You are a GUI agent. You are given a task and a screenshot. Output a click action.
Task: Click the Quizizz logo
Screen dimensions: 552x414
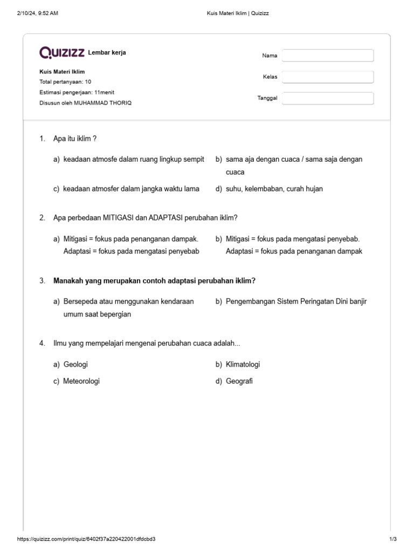(x=62, y=52)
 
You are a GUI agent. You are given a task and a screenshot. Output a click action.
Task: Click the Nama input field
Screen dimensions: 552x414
(x=327, y=56)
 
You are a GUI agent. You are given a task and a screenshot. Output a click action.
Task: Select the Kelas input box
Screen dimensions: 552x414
(x=327, y=77)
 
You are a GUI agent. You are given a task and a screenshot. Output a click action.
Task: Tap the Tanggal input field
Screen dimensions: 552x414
(x=327, y=98)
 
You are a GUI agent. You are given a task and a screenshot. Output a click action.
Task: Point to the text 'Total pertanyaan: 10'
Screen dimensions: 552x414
(x=65, y=82)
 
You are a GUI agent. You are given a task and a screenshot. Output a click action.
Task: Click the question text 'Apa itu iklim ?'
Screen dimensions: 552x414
(x=75, y=139)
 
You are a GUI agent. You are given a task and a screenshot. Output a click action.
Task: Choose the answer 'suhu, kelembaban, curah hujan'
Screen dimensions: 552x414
(x=274, y=189)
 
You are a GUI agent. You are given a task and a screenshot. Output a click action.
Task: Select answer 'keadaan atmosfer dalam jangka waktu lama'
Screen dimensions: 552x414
(x=131, y=189)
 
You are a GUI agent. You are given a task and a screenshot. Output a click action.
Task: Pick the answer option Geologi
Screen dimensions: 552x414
(x=75, y=364)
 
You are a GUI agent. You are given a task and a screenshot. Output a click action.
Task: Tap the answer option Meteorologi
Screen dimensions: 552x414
(x=81, y=381)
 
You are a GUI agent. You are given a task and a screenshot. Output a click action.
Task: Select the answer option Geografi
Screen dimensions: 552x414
(x=239, y=381)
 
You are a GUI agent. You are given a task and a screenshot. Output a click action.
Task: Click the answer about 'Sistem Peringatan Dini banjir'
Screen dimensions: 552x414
(x=296, y=301)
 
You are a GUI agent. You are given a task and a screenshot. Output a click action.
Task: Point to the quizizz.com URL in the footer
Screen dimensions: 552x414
(x=87, y=539)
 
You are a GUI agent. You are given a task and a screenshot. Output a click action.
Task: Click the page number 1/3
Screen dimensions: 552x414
(x=392, y=539)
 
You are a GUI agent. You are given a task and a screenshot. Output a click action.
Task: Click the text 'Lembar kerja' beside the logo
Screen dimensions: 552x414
(x=107, y=52)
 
